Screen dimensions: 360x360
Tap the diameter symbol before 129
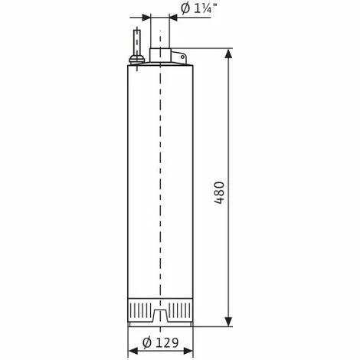pos(146,344)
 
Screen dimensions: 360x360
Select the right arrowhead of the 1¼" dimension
pos(175,14)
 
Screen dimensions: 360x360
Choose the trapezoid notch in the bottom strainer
pos(159,314)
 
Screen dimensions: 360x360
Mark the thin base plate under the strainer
pos(159,325)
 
